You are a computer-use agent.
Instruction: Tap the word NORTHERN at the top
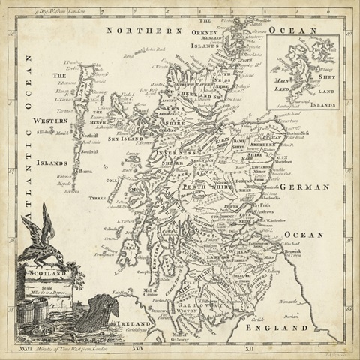pos(145,31)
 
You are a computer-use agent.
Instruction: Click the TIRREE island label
pos(97,199)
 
